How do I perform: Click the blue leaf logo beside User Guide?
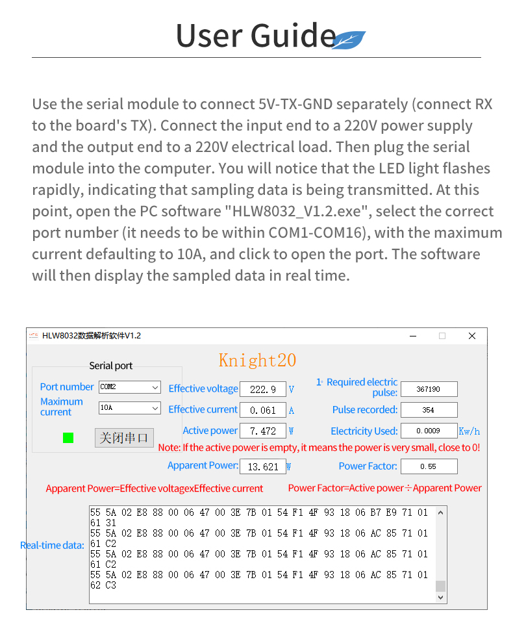tap(349, 40)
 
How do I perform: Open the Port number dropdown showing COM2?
tap(129, 387)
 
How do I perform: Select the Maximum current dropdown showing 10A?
tap(129, 408)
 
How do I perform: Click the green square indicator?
tap(68, 438)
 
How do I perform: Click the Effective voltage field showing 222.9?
tap(262, 389)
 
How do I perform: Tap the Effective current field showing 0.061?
tap(262, 410)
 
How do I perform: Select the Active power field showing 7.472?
tap(262, 431)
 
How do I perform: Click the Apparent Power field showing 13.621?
tap(262, 466)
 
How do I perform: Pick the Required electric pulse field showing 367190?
tap(429, 389)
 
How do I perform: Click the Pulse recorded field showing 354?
tap(429, 410)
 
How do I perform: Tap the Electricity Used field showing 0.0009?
tap(429, 431)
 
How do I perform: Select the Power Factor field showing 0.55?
tap(429, 466)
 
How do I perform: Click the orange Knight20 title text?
tap(257, 361)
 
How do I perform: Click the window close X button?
tap(472, 336)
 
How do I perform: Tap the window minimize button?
tap(413, 336)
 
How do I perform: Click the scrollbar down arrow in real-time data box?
tap(441, 598)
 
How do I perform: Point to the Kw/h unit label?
tap(469, 431)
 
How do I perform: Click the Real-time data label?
tap(53, 546)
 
